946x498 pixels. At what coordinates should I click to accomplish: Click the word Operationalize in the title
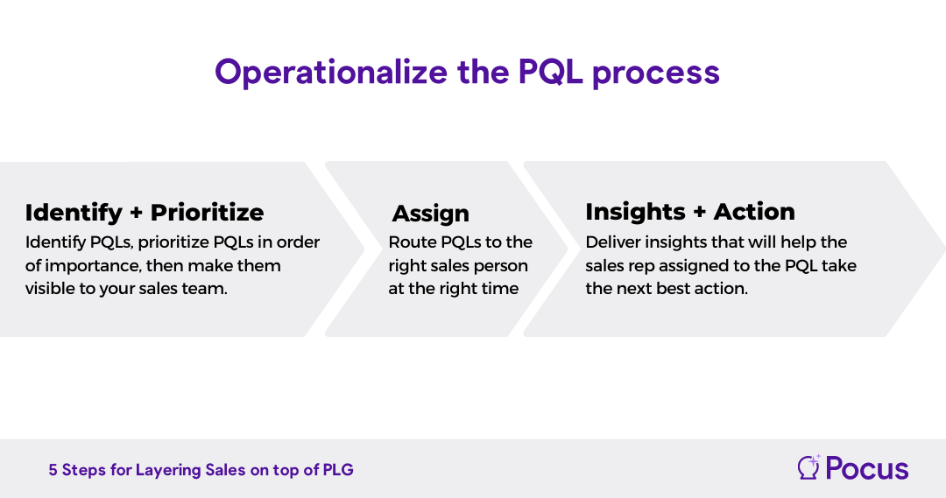click(331, 73)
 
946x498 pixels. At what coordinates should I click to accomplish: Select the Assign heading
click(431, 214)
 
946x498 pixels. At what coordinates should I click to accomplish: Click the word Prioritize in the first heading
click(207, 212)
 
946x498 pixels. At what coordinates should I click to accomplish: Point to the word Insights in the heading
click(635, 212)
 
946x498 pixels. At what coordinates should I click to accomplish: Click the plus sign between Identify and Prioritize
click(137, 213)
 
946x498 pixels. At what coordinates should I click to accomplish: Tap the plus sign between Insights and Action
click(700, 212)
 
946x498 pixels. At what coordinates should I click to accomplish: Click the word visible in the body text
click(46, 289)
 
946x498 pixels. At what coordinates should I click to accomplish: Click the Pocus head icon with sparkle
click(808, 467)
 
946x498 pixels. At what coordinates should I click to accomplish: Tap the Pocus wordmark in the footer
click(867, 468)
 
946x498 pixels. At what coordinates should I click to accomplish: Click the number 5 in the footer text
click(53, 470)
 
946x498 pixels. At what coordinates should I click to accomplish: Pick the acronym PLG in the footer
click(338, 470)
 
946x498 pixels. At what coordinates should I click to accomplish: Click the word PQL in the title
click(550, 73)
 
